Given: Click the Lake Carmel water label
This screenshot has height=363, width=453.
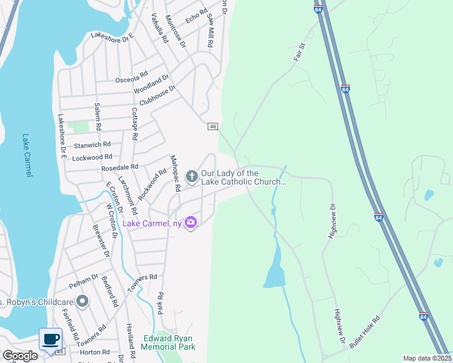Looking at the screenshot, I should click(x=27, y=155).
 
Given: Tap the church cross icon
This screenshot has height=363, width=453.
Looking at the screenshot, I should click(x=191, y=177).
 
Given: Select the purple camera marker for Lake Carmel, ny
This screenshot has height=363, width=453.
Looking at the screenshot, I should click(x=191, y=223).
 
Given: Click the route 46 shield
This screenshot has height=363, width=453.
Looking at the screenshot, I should click(x=213, y=126).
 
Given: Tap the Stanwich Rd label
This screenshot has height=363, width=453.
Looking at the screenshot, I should click(x=93, y=145).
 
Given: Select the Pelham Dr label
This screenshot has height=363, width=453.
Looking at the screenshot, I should click(x=84, y=280).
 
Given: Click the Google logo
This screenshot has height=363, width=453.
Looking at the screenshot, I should click(x=19, y=355).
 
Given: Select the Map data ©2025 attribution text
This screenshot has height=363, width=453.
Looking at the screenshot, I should click(x=427, y=358).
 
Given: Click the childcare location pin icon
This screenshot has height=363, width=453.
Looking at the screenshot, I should click(x=82, y=301).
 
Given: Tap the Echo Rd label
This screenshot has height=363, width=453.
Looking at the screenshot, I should click(x=197, y=16).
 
